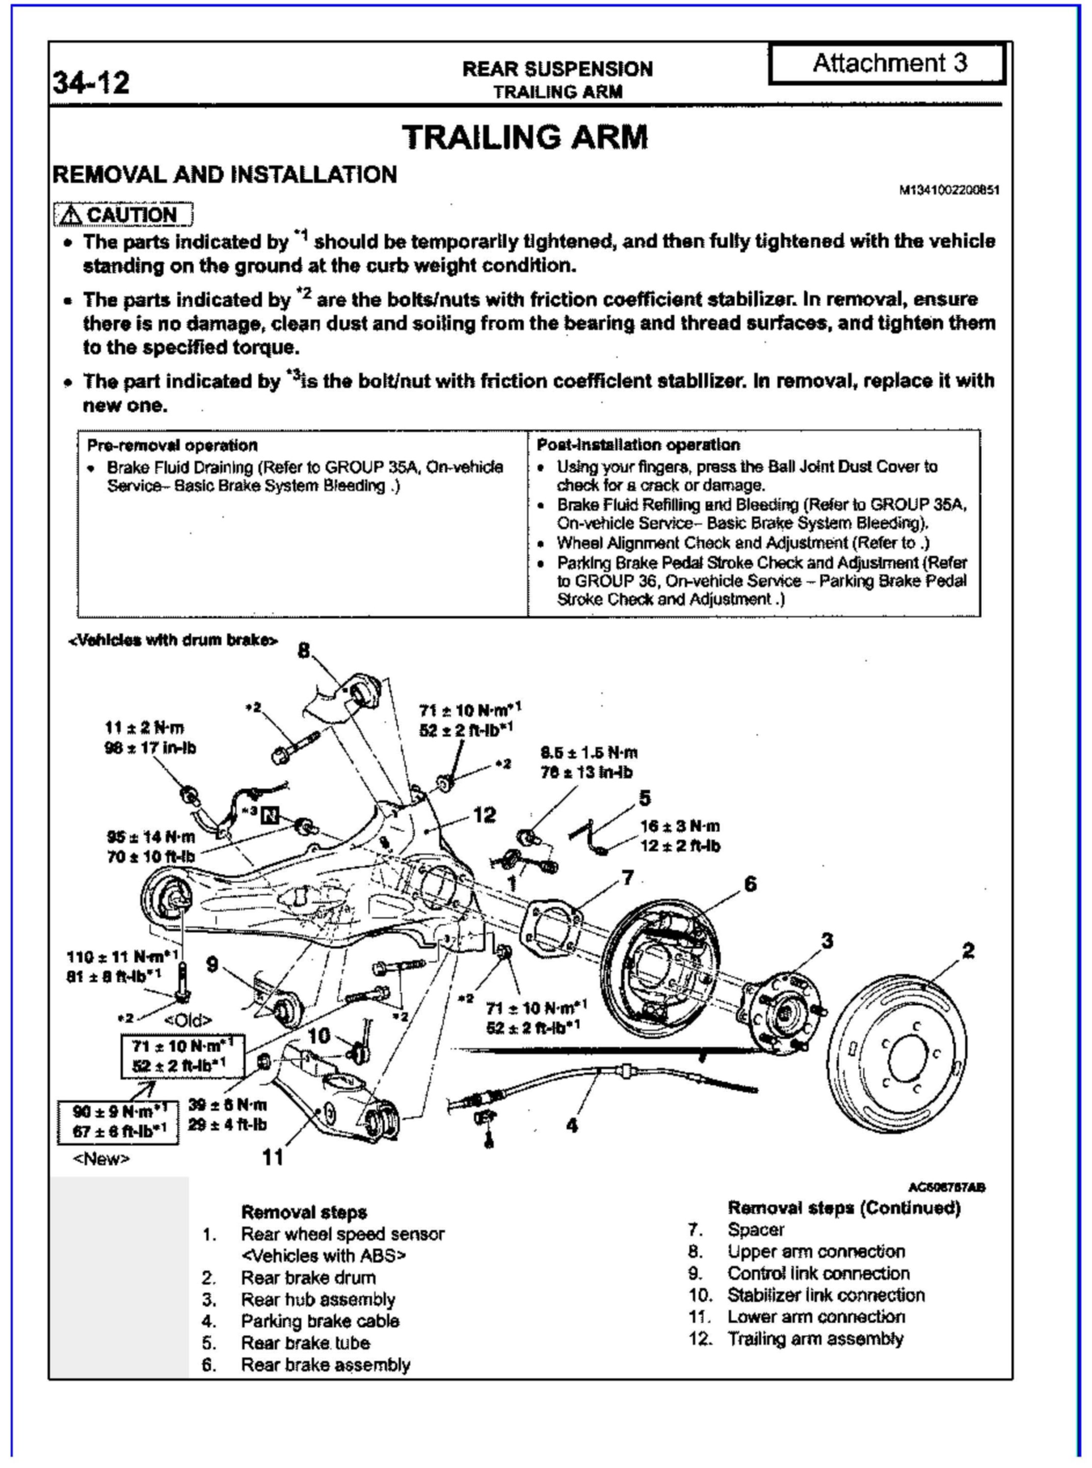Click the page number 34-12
tap(91, 83)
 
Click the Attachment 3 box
tap(888, 64)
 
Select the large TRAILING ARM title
tap(525, 138)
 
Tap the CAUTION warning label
tap(124, 215)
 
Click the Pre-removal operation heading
tap(172, 445)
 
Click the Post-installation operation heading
tap(638, 445)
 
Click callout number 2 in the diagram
tap(968, 951)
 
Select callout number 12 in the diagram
tap(485, 815)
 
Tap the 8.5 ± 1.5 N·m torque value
tap(589, 752)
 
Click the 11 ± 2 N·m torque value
tap(144, 728)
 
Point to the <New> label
tap(101, 1159)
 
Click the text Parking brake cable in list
tap(320, 1321)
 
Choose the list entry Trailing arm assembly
tap(815, 1339)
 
